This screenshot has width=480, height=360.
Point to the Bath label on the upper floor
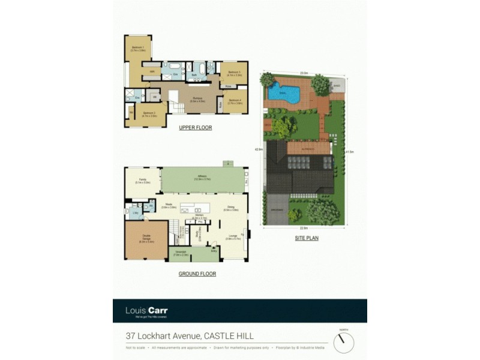tap(194, 75)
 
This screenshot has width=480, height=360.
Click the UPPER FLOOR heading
tap(195, 128)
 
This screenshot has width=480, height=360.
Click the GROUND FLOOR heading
tap(197, 274)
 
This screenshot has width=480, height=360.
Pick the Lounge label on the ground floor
tap(232, 237)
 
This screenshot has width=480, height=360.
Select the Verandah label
tap(181, 253)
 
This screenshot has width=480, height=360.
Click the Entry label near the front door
tap(214, 251)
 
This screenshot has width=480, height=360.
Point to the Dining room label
tap(231, 209)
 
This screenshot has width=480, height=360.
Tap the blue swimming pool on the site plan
tap(283, 93)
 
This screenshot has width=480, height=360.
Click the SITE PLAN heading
tap(307, 238)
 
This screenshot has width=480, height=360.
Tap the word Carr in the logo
tap(156, 310)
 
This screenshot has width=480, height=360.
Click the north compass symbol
tap(344, 343)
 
